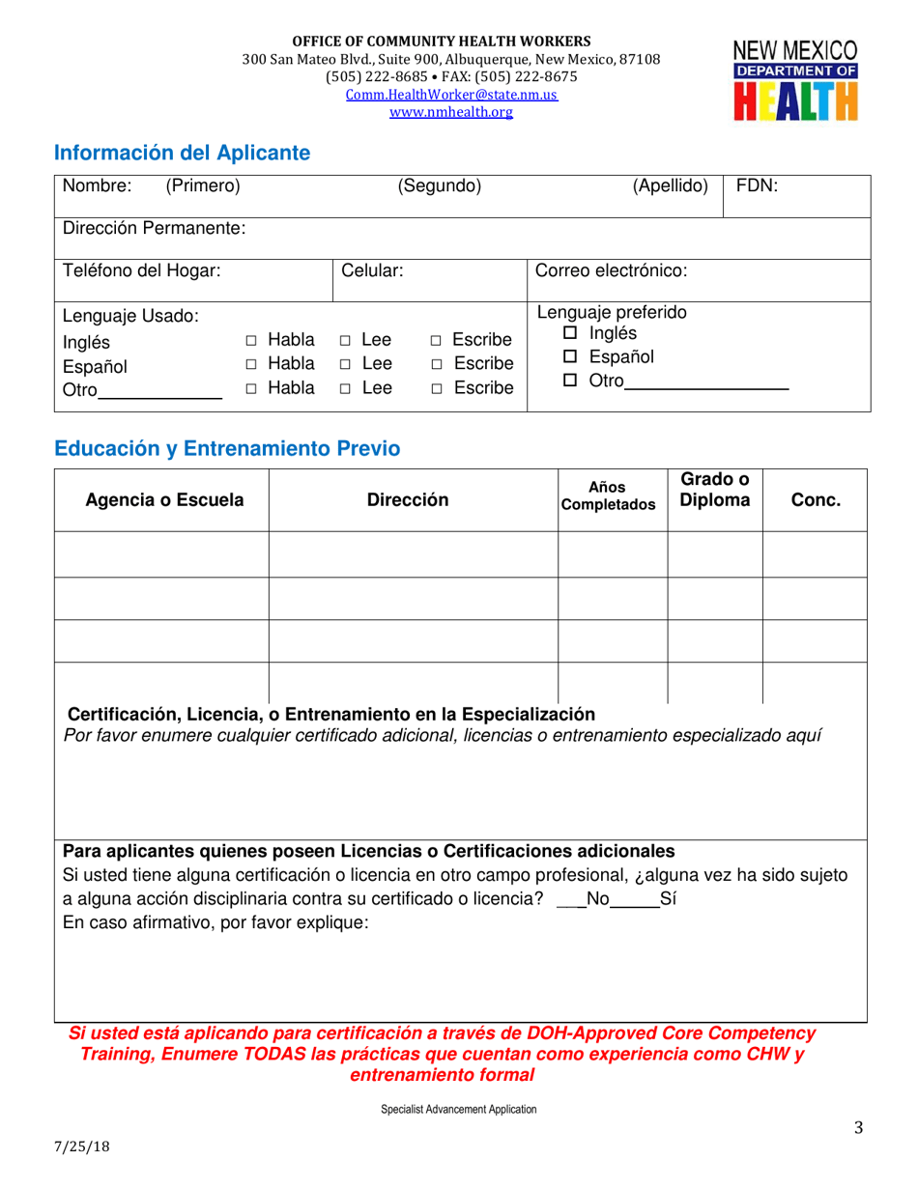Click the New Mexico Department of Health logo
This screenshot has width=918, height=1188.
click(x=795, y=81)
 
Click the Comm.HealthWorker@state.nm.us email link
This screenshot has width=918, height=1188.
click(x=451, y=95)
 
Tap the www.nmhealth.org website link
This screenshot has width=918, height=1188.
click(x=451, y=112)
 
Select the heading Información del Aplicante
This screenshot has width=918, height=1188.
click(x=183, y=153)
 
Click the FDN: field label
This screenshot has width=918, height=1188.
click(x=757, y=186)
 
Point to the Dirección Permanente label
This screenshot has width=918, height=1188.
click(x=154, y=229)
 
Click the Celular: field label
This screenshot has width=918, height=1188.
click(x=372, y=271)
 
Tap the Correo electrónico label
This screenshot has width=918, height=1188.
click(x=611, y=271)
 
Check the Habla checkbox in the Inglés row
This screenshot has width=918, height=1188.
click(x=251, y=341)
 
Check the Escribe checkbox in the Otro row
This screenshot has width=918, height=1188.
click(x=436, y=389)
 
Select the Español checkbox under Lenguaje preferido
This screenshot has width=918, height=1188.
click(x=570, y=357)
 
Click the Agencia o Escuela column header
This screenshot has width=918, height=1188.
click(x=164, y=500)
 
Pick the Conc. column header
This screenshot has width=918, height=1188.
click(x=816, y=500)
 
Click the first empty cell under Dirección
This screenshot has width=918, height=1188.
click(x=413, y=554)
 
